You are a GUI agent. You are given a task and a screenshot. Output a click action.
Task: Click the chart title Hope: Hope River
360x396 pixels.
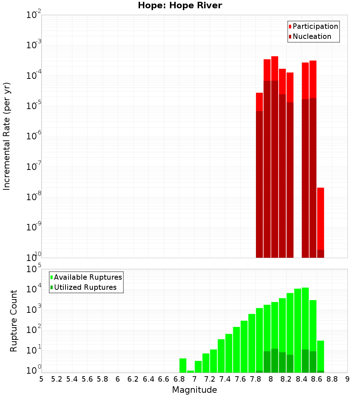click(x=180, y=6)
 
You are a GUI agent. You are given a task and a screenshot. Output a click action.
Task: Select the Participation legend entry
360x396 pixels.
click(x=313, y=27)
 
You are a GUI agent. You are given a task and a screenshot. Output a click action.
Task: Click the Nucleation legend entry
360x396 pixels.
click(x=310, y=37)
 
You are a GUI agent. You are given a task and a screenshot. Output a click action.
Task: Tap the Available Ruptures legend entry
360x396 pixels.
click(x=86, y=277)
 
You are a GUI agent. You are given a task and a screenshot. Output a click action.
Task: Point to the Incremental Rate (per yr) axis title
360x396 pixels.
click(x=7, y=136)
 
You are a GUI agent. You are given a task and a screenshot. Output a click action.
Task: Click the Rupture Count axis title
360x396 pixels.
click(x=14, y=321)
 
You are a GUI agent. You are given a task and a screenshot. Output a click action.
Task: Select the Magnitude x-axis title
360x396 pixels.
click(x=194, y=390)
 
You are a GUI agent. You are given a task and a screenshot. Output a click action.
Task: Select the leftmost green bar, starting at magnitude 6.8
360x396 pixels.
click(x=183, y=365)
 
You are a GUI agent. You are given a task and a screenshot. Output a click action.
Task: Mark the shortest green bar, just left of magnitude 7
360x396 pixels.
click(x=190, y=371)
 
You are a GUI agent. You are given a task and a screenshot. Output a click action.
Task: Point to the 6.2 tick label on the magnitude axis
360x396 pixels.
click(x=133, y=379)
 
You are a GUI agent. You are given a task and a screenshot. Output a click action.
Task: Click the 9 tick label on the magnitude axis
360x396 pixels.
click(x=347, y=379)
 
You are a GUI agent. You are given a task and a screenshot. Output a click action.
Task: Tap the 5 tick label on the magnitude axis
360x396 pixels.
click(x=41, y=379)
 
